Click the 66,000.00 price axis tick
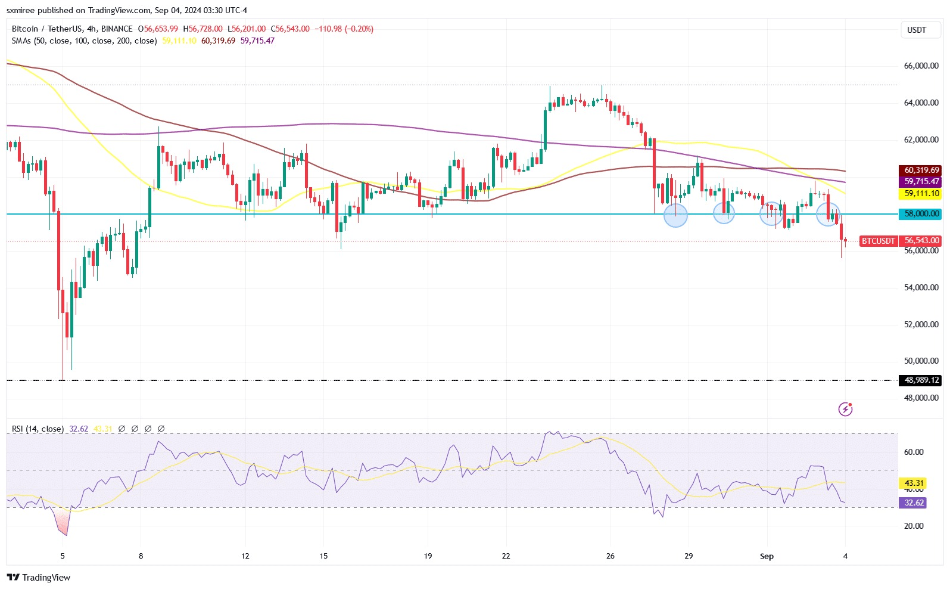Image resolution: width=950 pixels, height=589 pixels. pos(921,66)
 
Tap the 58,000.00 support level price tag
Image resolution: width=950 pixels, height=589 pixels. pos(921,213)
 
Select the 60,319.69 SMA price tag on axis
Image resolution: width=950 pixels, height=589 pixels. pos(921,170)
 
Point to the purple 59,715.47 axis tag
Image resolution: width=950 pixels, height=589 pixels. pos(921,181)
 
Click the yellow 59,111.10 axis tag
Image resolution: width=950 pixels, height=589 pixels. pos(921,193)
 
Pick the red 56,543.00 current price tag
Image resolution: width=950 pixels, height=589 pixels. pos(921,240)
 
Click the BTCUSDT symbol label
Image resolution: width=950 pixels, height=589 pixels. pos(878,241)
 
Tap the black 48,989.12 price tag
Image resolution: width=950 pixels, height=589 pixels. pos(921,380)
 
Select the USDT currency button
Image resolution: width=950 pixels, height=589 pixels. pos(916,30)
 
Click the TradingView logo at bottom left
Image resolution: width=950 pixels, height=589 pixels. pos(39,577)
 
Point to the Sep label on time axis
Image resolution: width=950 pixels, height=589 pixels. pos(767,556)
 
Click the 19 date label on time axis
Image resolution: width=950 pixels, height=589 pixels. pos(428,556)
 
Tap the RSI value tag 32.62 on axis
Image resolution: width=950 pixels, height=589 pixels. pos(914,503)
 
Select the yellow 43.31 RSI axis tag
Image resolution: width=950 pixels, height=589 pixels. pos(914,483)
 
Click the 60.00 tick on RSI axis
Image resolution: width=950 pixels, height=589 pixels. pos(914,452)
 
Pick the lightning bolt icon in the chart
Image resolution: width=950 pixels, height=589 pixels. pos(845,409)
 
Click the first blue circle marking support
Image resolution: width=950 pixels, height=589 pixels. pos(675,215)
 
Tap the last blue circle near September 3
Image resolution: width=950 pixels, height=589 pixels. pos(828,214)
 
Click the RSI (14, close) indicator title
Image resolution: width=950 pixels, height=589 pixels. pos(38,429)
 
